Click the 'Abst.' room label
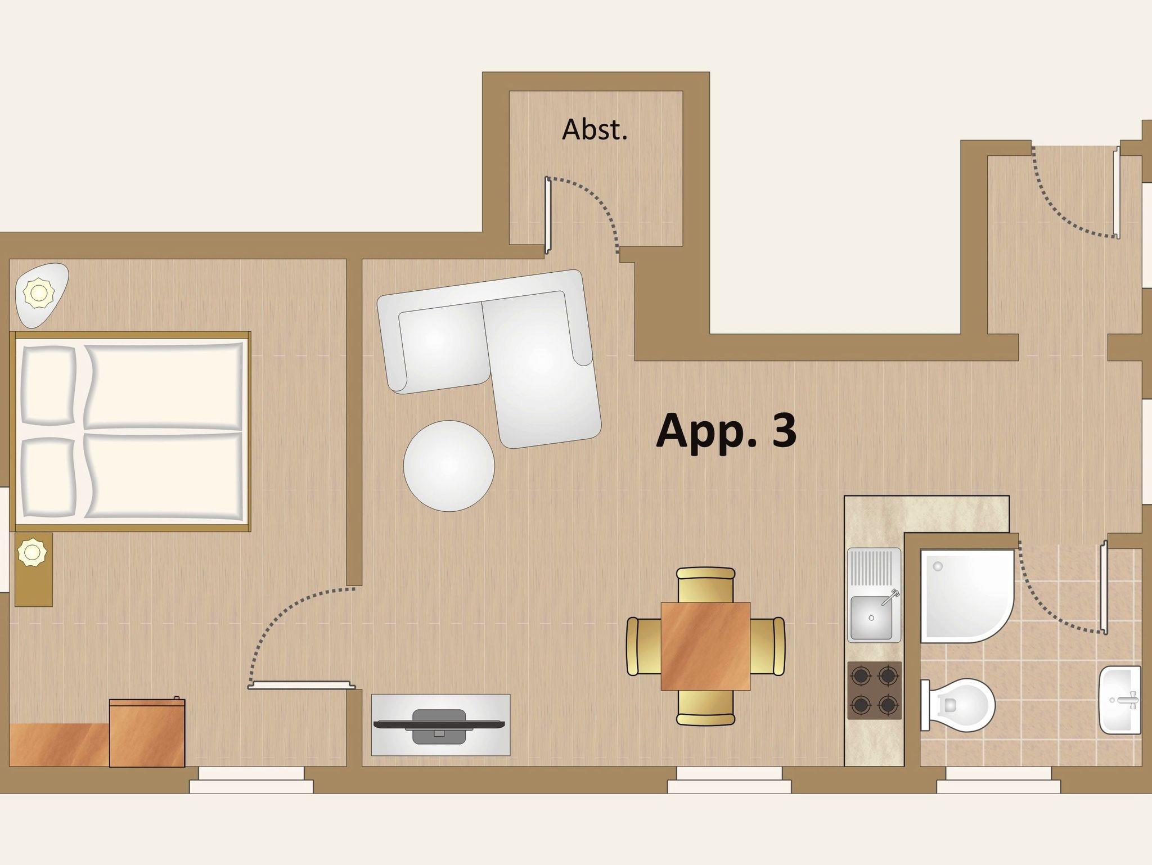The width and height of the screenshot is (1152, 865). pos(595,130)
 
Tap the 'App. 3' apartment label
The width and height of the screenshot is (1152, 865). pos(726,430)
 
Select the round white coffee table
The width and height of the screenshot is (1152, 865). pos(449,466)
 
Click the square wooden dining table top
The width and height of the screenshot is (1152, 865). pos(705,646)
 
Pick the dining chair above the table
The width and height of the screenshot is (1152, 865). pos(705,585)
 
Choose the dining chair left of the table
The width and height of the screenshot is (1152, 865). pos(644,646)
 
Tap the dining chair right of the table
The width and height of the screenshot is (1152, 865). pos(767,646)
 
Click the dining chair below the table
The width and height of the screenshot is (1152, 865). pos(705,708)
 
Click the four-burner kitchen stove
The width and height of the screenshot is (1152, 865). pos(874,690)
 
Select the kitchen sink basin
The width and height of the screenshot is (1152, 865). pos(871,618)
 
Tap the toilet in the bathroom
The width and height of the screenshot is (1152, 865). pos(958,704)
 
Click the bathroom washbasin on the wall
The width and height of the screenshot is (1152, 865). pos(1120,700)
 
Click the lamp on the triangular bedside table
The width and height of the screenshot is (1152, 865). pos(39,293)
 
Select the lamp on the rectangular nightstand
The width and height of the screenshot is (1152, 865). pos(32,552)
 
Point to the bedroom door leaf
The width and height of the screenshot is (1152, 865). pos(302,685)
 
